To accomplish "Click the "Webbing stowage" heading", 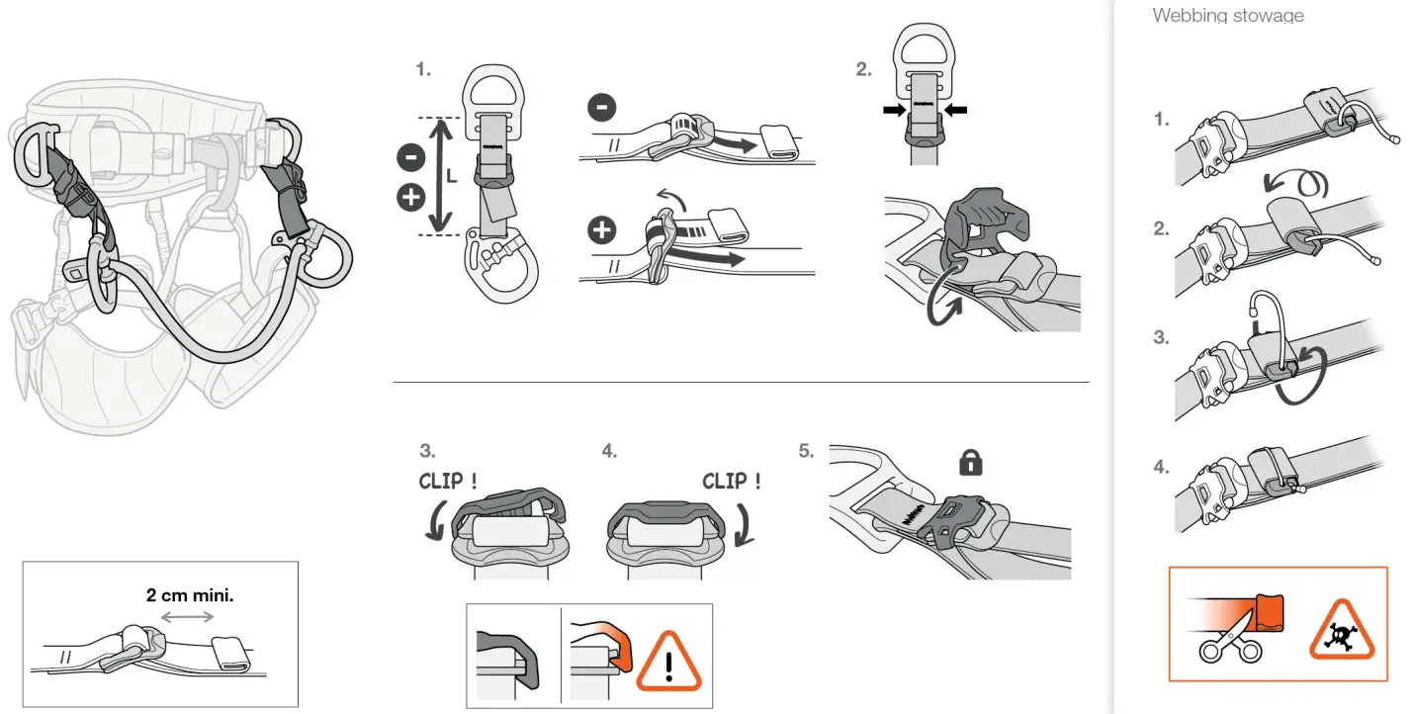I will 1227,15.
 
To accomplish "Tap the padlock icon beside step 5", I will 971,462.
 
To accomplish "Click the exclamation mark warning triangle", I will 669,661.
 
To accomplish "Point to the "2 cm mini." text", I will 190,595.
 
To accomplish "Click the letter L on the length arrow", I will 452,179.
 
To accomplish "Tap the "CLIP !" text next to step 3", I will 449,481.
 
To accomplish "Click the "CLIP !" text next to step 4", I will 732,481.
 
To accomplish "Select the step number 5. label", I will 806,451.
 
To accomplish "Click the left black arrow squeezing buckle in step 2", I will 892,111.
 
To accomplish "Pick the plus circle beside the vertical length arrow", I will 410,198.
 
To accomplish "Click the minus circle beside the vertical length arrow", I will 410,155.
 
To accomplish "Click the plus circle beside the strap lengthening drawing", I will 601,231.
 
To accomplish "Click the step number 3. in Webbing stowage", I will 1161,337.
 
